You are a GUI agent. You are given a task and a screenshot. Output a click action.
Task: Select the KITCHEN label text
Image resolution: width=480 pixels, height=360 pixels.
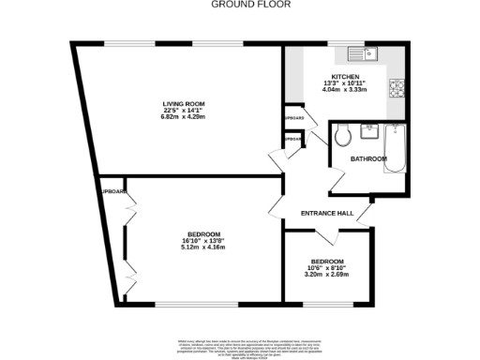345,77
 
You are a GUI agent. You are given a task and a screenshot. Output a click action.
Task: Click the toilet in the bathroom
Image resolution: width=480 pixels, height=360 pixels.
343,135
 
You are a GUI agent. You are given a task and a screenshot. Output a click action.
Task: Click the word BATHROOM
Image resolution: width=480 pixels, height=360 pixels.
368,159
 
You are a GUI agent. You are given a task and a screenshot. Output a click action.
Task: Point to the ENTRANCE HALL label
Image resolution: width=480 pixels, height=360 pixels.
326,214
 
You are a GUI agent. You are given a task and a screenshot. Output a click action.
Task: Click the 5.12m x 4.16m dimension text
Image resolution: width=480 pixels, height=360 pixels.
203,247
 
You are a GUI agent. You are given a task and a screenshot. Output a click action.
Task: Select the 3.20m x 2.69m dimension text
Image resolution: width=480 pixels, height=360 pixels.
327,275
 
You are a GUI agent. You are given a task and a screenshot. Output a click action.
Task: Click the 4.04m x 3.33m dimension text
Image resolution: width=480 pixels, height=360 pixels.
345,92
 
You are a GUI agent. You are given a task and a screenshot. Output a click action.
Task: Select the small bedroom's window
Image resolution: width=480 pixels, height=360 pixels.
328,303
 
